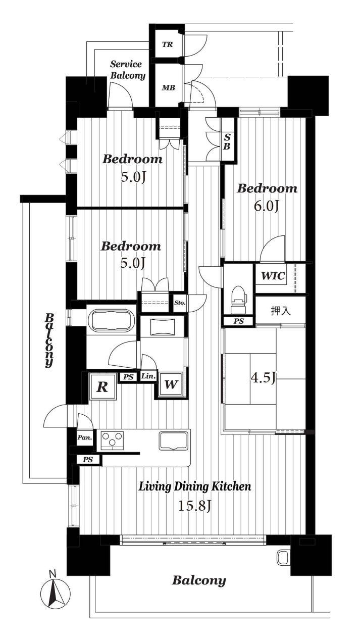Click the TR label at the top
pyautogui.click(x=167, y=45)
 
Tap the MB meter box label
pyautogui.click(x=168, y=88)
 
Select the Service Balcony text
pyautogui.click(x=128, y=70)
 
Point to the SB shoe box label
pyautogui.click(x=227, y=142)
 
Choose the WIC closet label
pyautogui.click(x=273, y=276)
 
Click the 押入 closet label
pyautogui.click(x=281, y=311)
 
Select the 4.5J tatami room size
pyautogui.click(x=263, y=378)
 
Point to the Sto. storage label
pyautogui.click(x=180, y=303)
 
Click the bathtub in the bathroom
pyautogui.click(x=112, y=321)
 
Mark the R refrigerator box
pyautogui.click(x=103, y=387)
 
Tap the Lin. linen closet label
pyautogui.click(x=148, y=376)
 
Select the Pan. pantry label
pyautogui.click(x=85, y=437)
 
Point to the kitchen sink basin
pyautogui.click(x=173, y=440)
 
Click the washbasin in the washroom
pyautogui.click(x=162, y=327)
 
